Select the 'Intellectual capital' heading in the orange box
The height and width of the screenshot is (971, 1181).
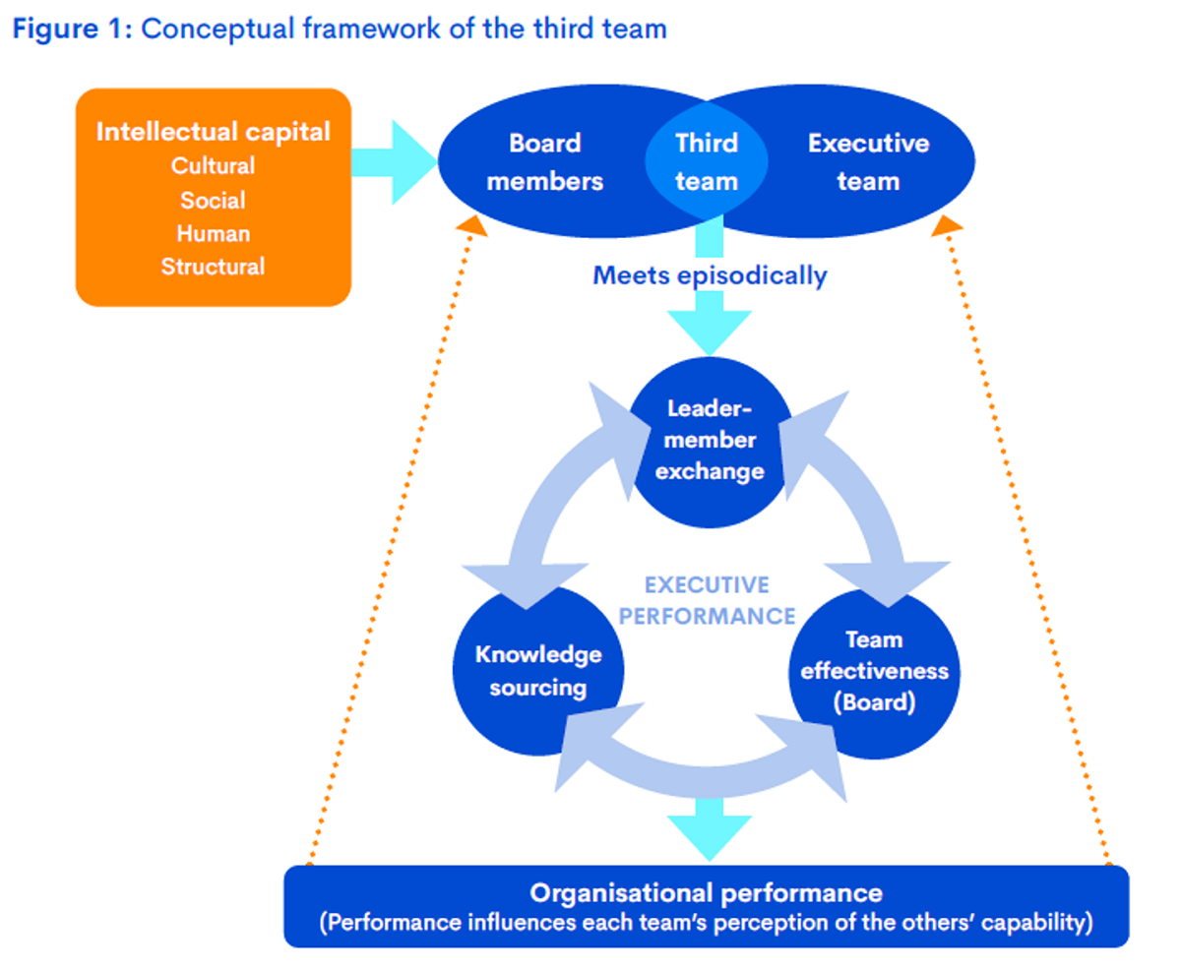pyautogui.click(x=213, y=132)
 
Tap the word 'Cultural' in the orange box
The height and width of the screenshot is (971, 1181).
pyautogui.click(x=213, y=166)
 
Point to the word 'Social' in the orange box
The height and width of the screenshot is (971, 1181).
pyautogui.click(x=213, y=201)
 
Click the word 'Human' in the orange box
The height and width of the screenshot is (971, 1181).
pyautogui.click(x=213, y=234)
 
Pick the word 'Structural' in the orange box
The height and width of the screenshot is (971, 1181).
pyautogui.click(x=213, y=267)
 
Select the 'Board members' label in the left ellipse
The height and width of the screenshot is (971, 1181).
pyautogui.click(x=545, y=162)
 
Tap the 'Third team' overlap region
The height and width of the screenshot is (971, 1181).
pyautogui.click(x=707, y=162)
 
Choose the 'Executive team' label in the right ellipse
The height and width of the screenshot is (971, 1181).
pyautogui.click(x=868, y=162)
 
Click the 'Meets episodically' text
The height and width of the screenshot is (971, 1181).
pyautogui.click(x=710, y=275)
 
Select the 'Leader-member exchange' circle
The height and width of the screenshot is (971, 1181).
pyautogui.click(x=710, y=439)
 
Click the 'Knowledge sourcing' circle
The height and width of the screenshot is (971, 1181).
pyautogui.click(x=537, y=671)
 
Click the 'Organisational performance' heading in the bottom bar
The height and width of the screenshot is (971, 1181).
pyautogui.click(x=706, y=893)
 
